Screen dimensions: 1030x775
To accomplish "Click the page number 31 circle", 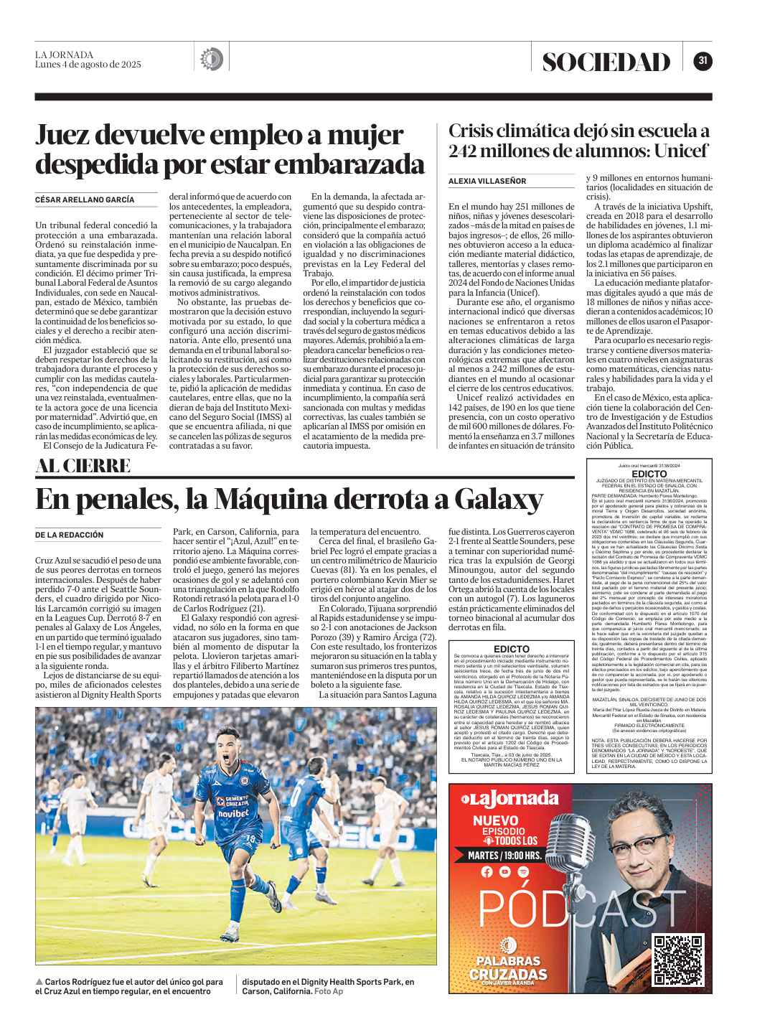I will (703, 61).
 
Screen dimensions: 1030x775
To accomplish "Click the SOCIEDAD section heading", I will (606, 62).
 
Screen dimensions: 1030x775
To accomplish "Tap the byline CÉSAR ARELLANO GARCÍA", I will (85, 200).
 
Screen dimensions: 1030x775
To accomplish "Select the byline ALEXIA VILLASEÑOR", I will (487, 181).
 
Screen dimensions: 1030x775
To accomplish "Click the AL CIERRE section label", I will (83, 466).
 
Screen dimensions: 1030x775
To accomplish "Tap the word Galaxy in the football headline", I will (498, 499).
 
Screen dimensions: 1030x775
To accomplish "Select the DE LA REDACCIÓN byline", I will (70, 535).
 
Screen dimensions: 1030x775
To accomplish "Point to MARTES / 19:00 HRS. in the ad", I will (504, 856).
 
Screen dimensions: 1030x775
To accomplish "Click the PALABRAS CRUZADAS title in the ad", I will (508, 968).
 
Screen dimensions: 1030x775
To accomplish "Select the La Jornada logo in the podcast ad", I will (509, 799).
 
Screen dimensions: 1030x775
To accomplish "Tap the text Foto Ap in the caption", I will (329, 991).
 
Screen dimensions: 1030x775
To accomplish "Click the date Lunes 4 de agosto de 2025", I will (88, 65).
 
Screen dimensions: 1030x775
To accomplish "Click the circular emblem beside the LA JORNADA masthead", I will (211, 59).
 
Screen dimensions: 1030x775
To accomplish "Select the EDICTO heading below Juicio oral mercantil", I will (649, 474).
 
